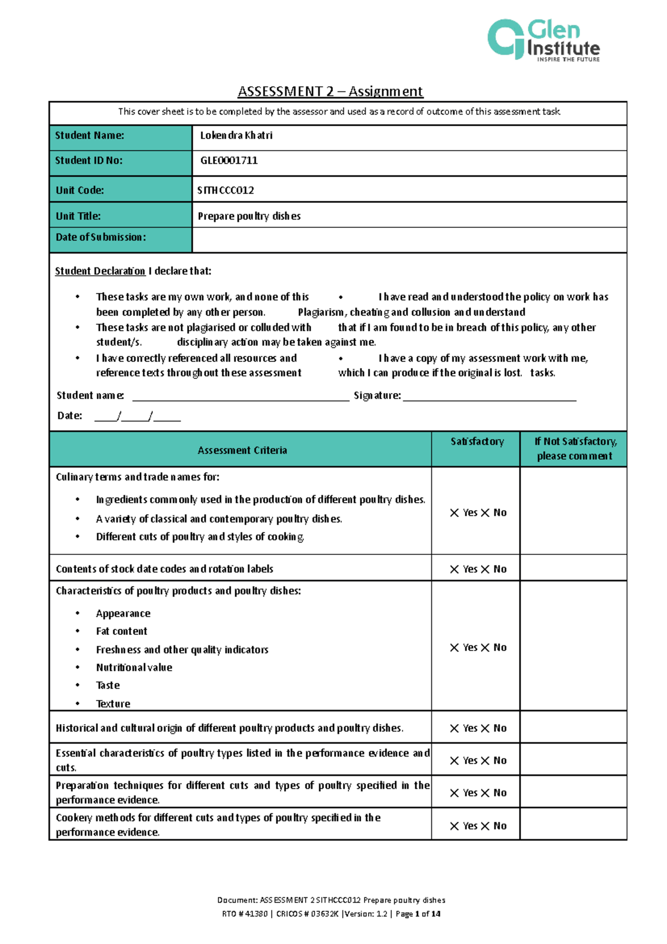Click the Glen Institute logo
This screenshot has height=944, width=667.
click(x=543, y=40)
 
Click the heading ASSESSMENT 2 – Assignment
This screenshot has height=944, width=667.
click(x=330, y=91)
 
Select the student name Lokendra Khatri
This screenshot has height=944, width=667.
click(x=236, y=136)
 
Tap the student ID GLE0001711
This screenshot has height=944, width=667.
click(x=228, y=161)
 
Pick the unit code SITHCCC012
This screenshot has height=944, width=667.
click(x=226, y=190)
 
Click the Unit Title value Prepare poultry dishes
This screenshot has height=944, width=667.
click(x=249, y=216)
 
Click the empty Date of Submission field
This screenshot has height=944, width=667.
click(x=409, y=240)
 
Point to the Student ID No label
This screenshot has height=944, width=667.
click(x=89, y=161)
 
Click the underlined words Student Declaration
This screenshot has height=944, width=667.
click(x=100, y=271)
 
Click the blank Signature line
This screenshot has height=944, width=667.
click(x=489, y=396)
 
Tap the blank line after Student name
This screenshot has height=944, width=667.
click(x=240, y=396)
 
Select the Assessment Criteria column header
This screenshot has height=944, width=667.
click(x=242, y=450)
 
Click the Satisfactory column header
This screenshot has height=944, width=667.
click(x=477, y=441)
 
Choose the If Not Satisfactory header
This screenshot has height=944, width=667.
click(x=575, y=449)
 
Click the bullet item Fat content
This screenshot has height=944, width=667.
click(x=121, y=632)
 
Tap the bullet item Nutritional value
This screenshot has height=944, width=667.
click(x=134, y=668)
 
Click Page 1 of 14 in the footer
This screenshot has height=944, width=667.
click(x=417, y=913)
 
